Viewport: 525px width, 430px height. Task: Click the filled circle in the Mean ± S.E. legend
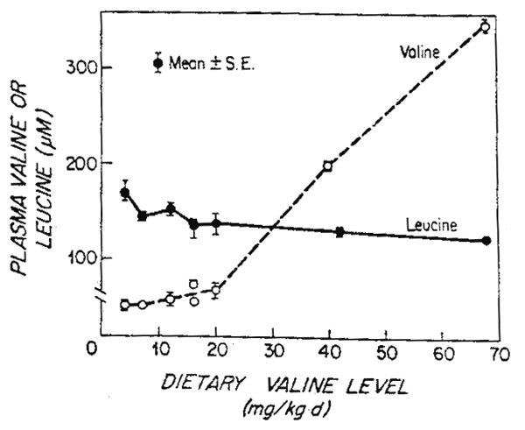157,62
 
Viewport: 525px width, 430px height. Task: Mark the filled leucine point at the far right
486,241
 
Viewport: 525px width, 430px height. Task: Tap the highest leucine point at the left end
125,193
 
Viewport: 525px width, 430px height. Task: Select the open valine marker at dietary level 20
215,291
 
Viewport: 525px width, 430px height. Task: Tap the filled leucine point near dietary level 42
339,232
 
